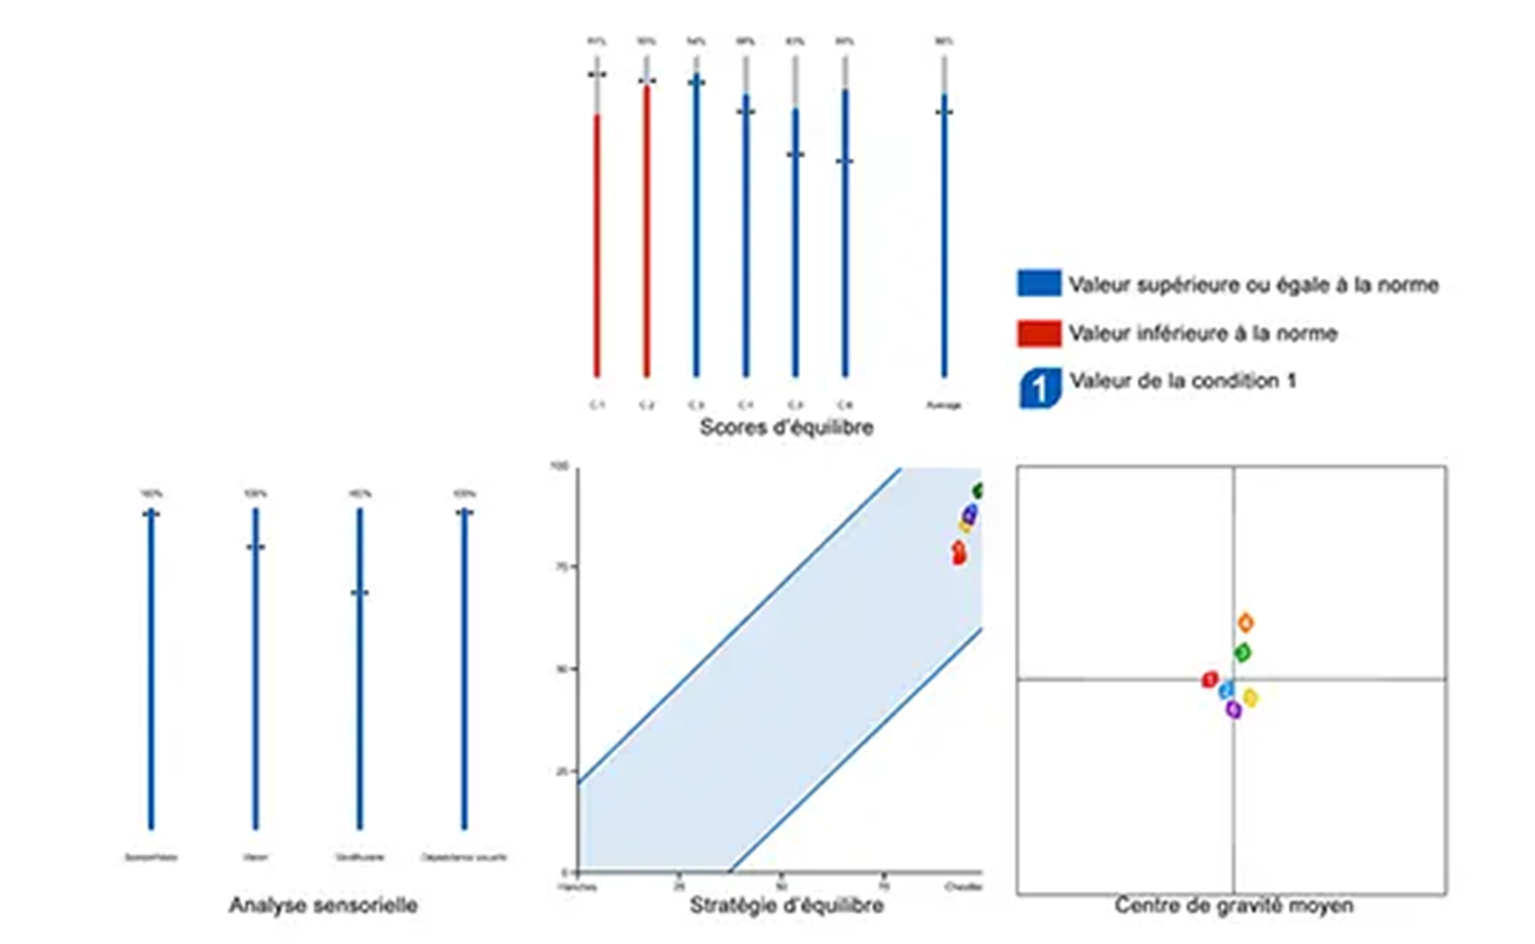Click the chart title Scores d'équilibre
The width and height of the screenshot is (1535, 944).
(x=786, y=427)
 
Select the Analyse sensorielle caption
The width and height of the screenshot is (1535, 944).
(x=323, y=905)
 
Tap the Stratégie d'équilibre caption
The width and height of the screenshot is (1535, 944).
(x=786, y=905)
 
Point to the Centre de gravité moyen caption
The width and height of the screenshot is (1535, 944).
(x=1233, y=905)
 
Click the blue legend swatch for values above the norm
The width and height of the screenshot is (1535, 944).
(x=1039, y=283)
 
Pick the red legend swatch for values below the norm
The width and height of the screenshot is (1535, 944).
(x=1039, y=333)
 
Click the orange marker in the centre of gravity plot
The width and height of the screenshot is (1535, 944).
(x=1245, y=623)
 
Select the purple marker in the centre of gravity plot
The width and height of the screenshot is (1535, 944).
(x=1233, y=709)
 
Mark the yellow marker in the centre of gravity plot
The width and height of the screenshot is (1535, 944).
(x=1250, y=698)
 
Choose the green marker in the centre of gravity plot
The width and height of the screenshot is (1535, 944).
(x=1243, y=653)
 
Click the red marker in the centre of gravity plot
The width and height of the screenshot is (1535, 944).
(x=1210, y=680)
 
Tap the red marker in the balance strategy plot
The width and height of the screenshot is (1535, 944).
(x=958, y=552)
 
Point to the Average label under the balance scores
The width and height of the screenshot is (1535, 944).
(x=943, y=405)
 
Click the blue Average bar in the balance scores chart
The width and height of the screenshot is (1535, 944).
(x=944, y=240)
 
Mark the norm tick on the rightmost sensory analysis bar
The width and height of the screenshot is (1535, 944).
(x=464, y=512)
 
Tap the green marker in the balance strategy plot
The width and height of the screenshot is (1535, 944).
(x=978, y=491)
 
